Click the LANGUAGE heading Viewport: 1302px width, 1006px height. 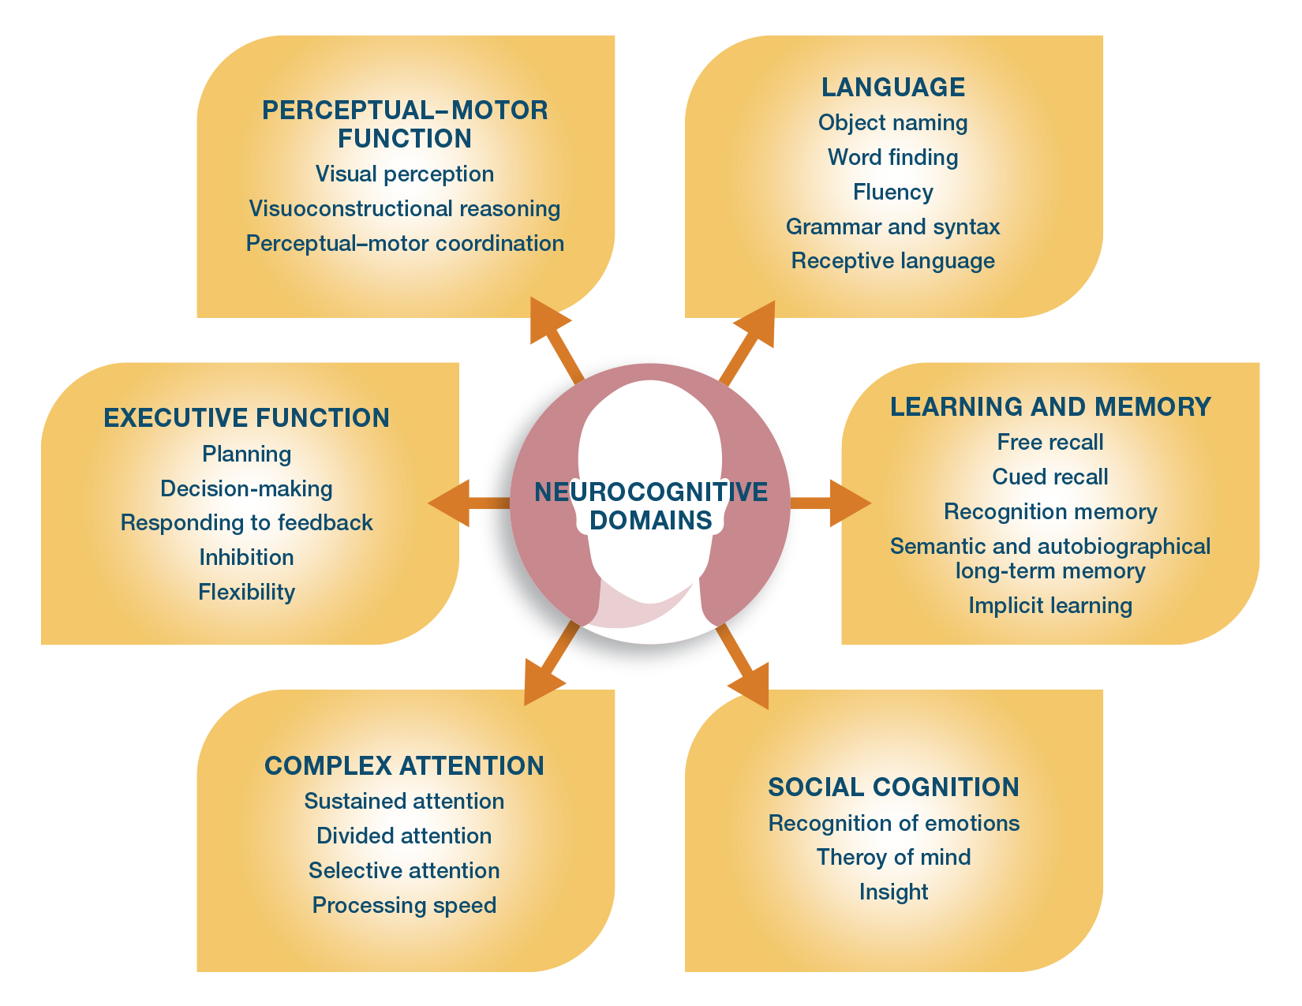click(892, 88)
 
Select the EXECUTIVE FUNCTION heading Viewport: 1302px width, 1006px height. click(246, 418)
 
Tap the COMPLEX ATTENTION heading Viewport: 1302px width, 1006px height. click(404, 766)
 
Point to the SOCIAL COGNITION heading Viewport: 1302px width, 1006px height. click(893, 787)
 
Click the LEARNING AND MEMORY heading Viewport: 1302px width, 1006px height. click(1049, 407)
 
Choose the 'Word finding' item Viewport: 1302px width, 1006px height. click(892, 158)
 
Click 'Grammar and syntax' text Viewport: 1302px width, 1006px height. click(892, 227)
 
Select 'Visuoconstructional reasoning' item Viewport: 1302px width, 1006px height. click(404, 209)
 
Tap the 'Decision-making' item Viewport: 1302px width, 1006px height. click(246, 489)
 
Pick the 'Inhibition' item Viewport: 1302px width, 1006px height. click(246, 558)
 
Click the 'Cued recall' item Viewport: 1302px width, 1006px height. click(1049, 477)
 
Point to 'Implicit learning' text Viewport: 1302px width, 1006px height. click(1049, 606)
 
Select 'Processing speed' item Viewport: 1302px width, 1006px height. click(404, 906)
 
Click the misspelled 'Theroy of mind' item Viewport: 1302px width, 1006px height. click(893, 858)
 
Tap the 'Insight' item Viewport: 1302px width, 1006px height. click(893, 892)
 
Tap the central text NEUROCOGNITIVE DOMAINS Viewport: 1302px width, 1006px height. click(650, 506)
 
